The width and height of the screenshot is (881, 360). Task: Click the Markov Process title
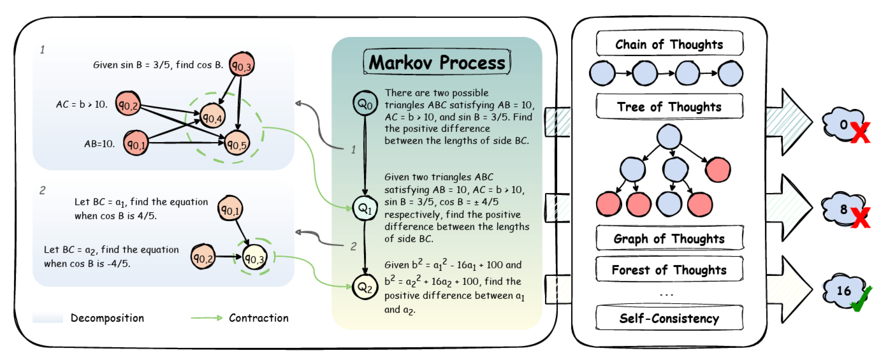coord(437,63)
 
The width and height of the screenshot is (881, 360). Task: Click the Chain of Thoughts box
coord(669,45)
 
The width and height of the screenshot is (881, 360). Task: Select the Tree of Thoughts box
coord(669,107)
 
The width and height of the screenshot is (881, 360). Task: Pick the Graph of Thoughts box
coord(669,239)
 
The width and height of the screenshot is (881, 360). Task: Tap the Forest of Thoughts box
coord(669,270)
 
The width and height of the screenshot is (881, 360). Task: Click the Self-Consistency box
coord(669,318)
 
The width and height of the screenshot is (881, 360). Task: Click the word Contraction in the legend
coord(259,318)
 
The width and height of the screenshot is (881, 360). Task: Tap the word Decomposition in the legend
coord(107,318)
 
